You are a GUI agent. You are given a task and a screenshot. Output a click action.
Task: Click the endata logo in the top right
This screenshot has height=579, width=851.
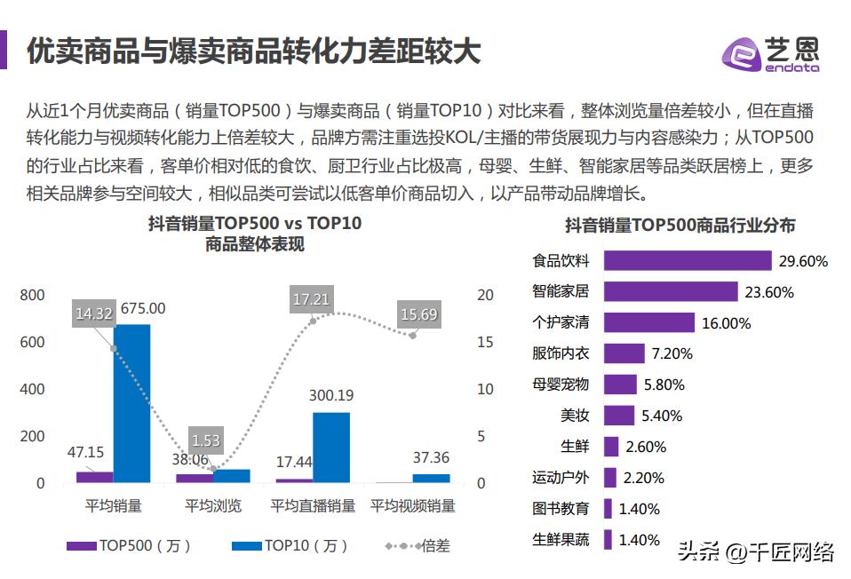click(770, 54)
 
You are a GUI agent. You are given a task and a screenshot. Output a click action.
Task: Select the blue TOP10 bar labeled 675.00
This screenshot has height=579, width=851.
click(131, 403)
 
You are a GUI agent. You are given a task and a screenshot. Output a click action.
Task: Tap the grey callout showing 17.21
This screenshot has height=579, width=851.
click(311, 299)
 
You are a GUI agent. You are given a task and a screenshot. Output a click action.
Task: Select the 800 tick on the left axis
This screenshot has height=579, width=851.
click(33, 296)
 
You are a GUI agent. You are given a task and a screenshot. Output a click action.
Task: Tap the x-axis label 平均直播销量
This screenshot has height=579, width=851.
click(313, 506)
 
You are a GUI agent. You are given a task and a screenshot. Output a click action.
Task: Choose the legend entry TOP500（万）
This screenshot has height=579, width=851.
click(130, 546)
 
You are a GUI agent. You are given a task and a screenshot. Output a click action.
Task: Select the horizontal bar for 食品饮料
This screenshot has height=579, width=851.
click(687, 260)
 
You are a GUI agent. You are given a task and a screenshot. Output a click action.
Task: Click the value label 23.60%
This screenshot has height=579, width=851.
click(769, 292)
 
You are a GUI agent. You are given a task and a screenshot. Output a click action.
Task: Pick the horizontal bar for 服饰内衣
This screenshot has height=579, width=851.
click(624, 353)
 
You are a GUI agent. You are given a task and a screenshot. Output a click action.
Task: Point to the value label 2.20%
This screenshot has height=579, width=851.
click(643, 478)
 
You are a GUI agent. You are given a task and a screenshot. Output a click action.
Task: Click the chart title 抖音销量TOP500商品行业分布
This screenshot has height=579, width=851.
click(680, 226)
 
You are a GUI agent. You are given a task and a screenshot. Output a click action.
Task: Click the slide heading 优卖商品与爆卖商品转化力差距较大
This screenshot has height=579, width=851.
click(253, 52)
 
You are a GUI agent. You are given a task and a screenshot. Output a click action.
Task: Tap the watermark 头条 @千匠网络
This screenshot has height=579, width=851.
click(755, 552)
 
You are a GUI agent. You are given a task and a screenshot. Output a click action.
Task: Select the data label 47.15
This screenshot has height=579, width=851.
click(86, 452)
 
